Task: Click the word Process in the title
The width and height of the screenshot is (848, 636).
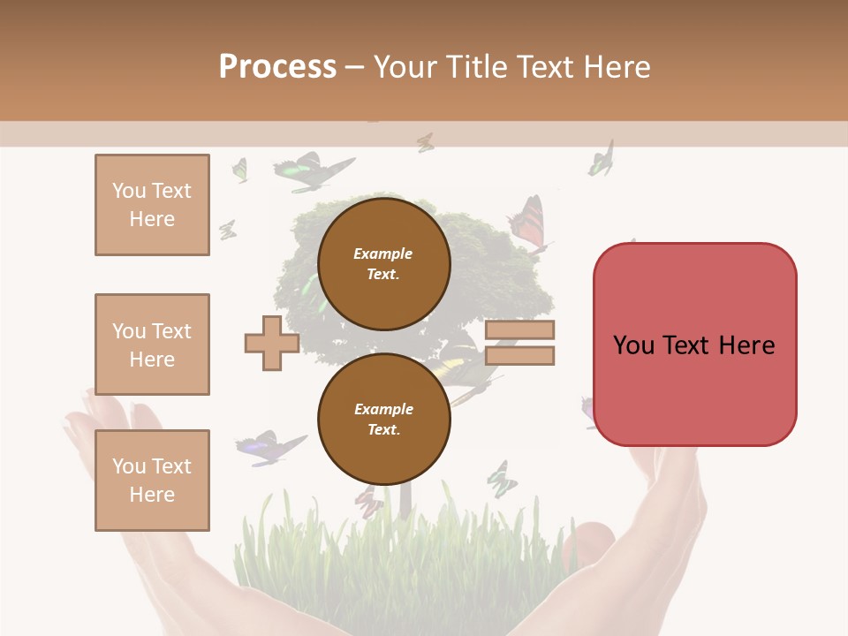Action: coord(277,67)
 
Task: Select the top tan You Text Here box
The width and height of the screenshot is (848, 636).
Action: coord(152,205)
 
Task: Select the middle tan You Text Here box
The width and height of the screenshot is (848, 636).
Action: coord(152,344)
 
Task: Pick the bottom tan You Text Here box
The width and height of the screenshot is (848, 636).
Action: coord(152,481)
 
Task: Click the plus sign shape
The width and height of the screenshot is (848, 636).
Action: coord(272,343)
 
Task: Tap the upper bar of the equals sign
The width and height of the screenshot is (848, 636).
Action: coord(519,329)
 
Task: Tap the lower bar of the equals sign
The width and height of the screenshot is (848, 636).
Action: coord(519,356)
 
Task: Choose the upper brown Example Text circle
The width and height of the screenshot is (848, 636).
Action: coord(383,263)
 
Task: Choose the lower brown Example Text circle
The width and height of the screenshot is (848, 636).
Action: coord(383,419)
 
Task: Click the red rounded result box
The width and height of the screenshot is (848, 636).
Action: coord(694,344)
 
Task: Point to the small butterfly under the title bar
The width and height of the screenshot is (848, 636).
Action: coord(426,141)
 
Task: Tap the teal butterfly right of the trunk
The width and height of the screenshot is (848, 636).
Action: coord(501,479)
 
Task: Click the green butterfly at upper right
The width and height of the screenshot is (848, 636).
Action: coord(602,160)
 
